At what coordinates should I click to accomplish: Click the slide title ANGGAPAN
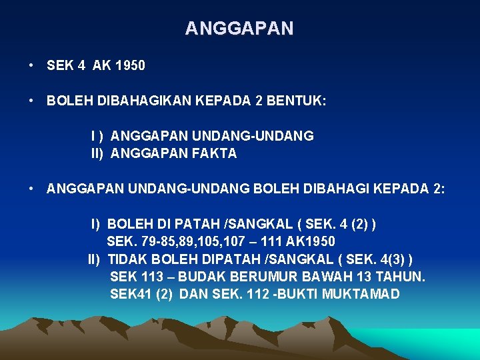239,29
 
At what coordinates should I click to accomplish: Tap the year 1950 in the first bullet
130,65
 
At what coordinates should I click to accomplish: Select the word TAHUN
401,276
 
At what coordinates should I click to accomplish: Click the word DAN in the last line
193,294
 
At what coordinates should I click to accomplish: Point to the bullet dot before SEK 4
31,65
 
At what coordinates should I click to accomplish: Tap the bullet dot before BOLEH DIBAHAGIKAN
31,101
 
